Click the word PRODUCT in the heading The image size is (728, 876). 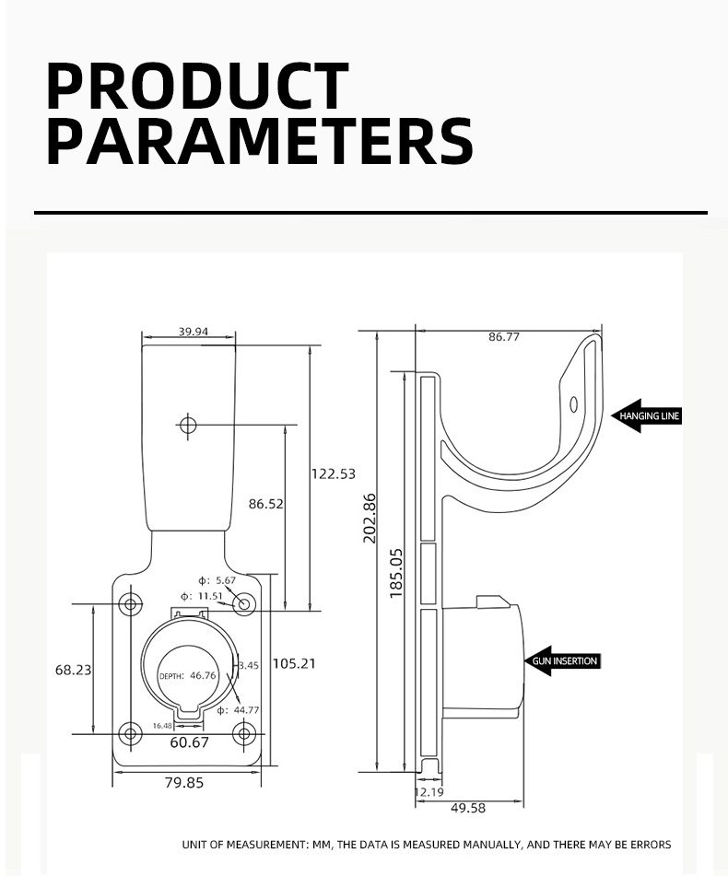197,87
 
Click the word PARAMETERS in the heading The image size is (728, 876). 259,142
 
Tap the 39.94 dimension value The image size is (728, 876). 194,332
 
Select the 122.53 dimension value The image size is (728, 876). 333,473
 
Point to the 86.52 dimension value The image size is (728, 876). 266,504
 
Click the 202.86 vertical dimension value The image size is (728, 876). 370,518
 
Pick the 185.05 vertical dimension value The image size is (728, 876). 396,573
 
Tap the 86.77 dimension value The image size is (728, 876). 504,337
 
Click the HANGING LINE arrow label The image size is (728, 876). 648,416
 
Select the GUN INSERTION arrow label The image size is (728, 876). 563,660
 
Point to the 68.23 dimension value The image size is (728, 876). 74,670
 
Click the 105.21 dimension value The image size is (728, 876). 295,663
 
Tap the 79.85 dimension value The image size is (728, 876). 184,783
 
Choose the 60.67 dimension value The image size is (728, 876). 189,742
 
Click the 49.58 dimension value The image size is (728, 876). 468,808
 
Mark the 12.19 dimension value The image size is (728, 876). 429,791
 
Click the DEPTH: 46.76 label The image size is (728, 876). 189,675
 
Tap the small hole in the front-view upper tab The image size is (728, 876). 188,425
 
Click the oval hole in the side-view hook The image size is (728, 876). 573,403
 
